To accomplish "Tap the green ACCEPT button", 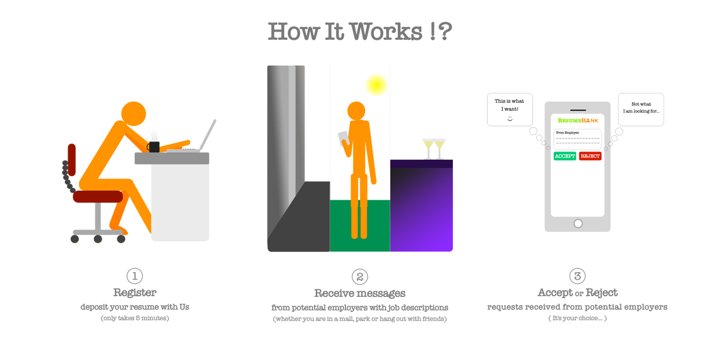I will pyautogui.click(x=565, y=156).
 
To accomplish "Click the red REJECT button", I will pyautogui.click(x=590, y=156).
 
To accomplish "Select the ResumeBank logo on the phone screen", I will pyautogui.click(x=577, y=119).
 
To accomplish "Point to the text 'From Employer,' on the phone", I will pyautogui.click(x=568, y=132).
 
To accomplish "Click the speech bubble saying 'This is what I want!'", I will pyautogui.click(x=509, y=109).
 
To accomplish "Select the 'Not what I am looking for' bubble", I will pyautogui.click(x=640, y=109).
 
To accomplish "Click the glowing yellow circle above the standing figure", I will pyautogui.click(x=376, y=85).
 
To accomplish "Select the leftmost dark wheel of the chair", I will pyautogui.click(x=75, y=239).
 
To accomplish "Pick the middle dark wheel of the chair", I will pyautogui.click(x=98, y=239).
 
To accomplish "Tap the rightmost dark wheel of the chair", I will pyautogui.click(x=121, y=239).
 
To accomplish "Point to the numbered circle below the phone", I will pyautogui.click(x=577, y=276).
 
